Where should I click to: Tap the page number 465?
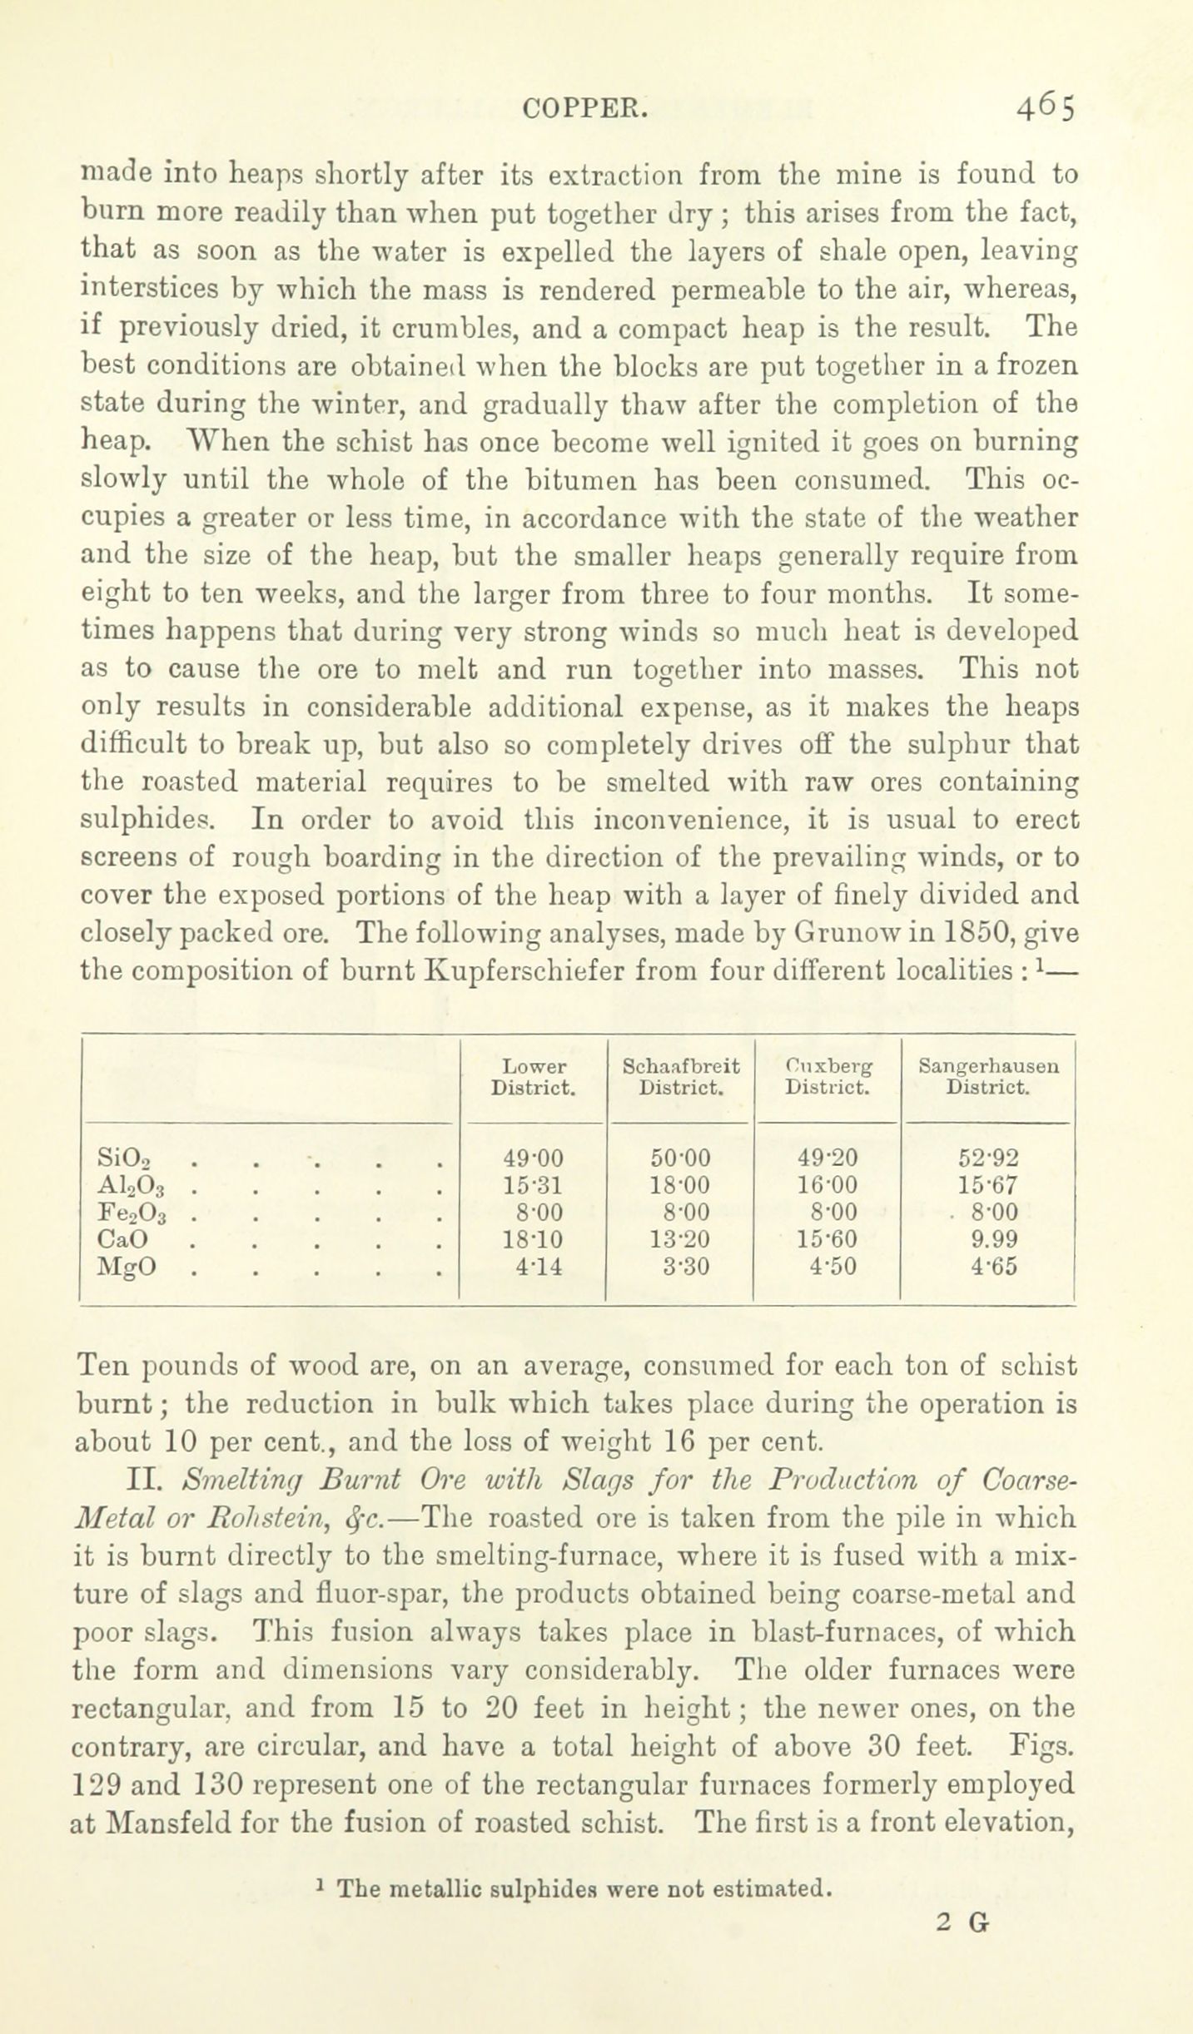tap(1045, 107)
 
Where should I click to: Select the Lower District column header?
tap(534, 1077)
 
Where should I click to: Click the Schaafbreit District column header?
tap(681, 1077)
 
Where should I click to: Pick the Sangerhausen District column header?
tap(989, 1077)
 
